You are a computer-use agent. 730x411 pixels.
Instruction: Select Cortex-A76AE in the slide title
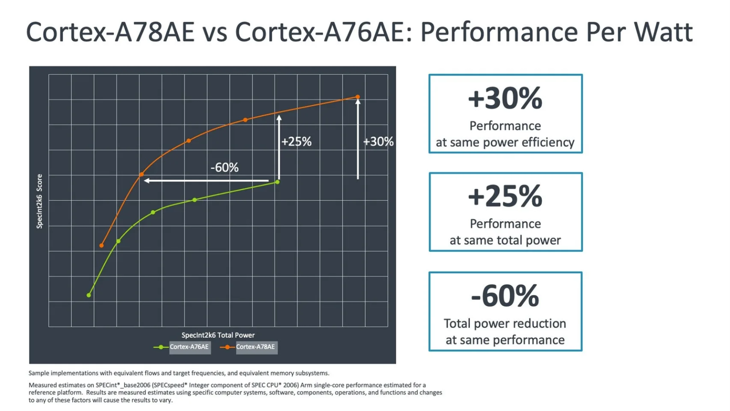pos(319,32)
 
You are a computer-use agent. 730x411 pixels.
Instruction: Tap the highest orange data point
pos(357,97)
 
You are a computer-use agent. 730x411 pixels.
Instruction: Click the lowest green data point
pos(89,295)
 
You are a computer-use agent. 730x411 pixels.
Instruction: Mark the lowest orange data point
pos(102,245)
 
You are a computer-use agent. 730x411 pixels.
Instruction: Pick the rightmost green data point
pos(278,182)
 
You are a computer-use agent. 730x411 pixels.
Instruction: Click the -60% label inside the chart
pos(224,168)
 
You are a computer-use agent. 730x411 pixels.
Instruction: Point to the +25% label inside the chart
pos(296,142)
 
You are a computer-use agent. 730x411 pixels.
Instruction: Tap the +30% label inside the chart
pos(378,142)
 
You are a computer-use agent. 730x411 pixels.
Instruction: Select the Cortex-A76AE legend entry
pos(189,347)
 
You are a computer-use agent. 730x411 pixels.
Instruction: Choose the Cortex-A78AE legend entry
pos(255,347)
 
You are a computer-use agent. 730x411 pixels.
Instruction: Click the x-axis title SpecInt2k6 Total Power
pos(218,335)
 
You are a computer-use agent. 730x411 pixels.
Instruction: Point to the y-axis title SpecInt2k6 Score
pos(39,201)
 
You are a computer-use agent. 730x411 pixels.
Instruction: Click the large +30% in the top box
pos(505,99)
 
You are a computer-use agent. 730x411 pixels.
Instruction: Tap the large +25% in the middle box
pos(505,197)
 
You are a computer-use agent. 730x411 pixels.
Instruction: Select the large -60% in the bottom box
pos(505,296)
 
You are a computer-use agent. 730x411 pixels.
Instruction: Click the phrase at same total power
pos(505,240)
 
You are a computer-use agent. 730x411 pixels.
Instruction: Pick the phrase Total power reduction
pos(505,324)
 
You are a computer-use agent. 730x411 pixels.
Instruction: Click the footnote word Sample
pos(39,373)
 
